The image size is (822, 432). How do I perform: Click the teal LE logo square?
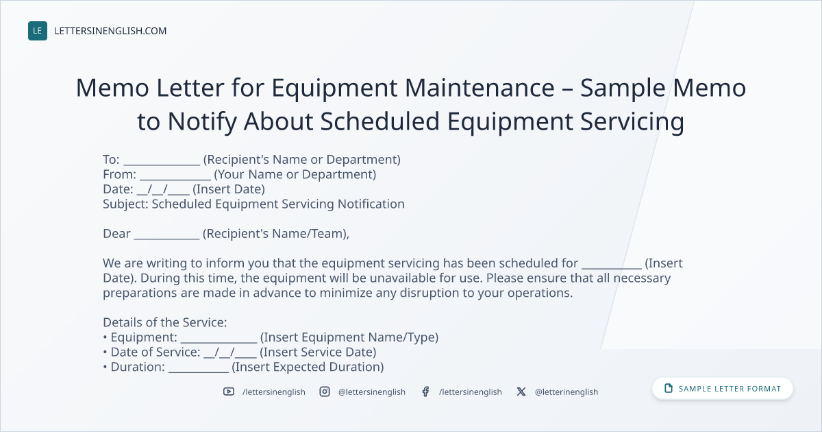pos(38,31)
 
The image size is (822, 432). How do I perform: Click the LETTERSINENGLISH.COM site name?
pos(110,31)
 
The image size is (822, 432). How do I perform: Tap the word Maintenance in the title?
pos(480,88)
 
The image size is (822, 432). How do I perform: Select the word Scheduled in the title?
pos(379,121)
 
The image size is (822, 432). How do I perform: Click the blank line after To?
pos(162,165)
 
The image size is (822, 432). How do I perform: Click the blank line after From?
pos(175,179)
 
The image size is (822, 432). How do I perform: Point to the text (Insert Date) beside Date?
pos(229,189)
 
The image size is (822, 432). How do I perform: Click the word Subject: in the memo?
pos(125,204)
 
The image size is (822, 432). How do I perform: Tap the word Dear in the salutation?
pos(116,234)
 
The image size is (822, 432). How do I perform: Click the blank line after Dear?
pos(166,239)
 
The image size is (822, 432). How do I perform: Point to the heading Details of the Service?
pos(165,322)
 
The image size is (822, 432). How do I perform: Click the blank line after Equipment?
pos(219,342)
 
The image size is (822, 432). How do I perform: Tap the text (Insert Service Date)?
pos(318,352)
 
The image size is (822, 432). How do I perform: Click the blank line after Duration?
pos(199,372)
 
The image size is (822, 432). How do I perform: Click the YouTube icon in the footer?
pos(229,392)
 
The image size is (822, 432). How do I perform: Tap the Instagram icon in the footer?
pos(325,392)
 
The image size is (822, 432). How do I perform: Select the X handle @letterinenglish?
pos(566,392)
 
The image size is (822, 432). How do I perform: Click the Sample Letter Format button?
pos(723,389)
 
